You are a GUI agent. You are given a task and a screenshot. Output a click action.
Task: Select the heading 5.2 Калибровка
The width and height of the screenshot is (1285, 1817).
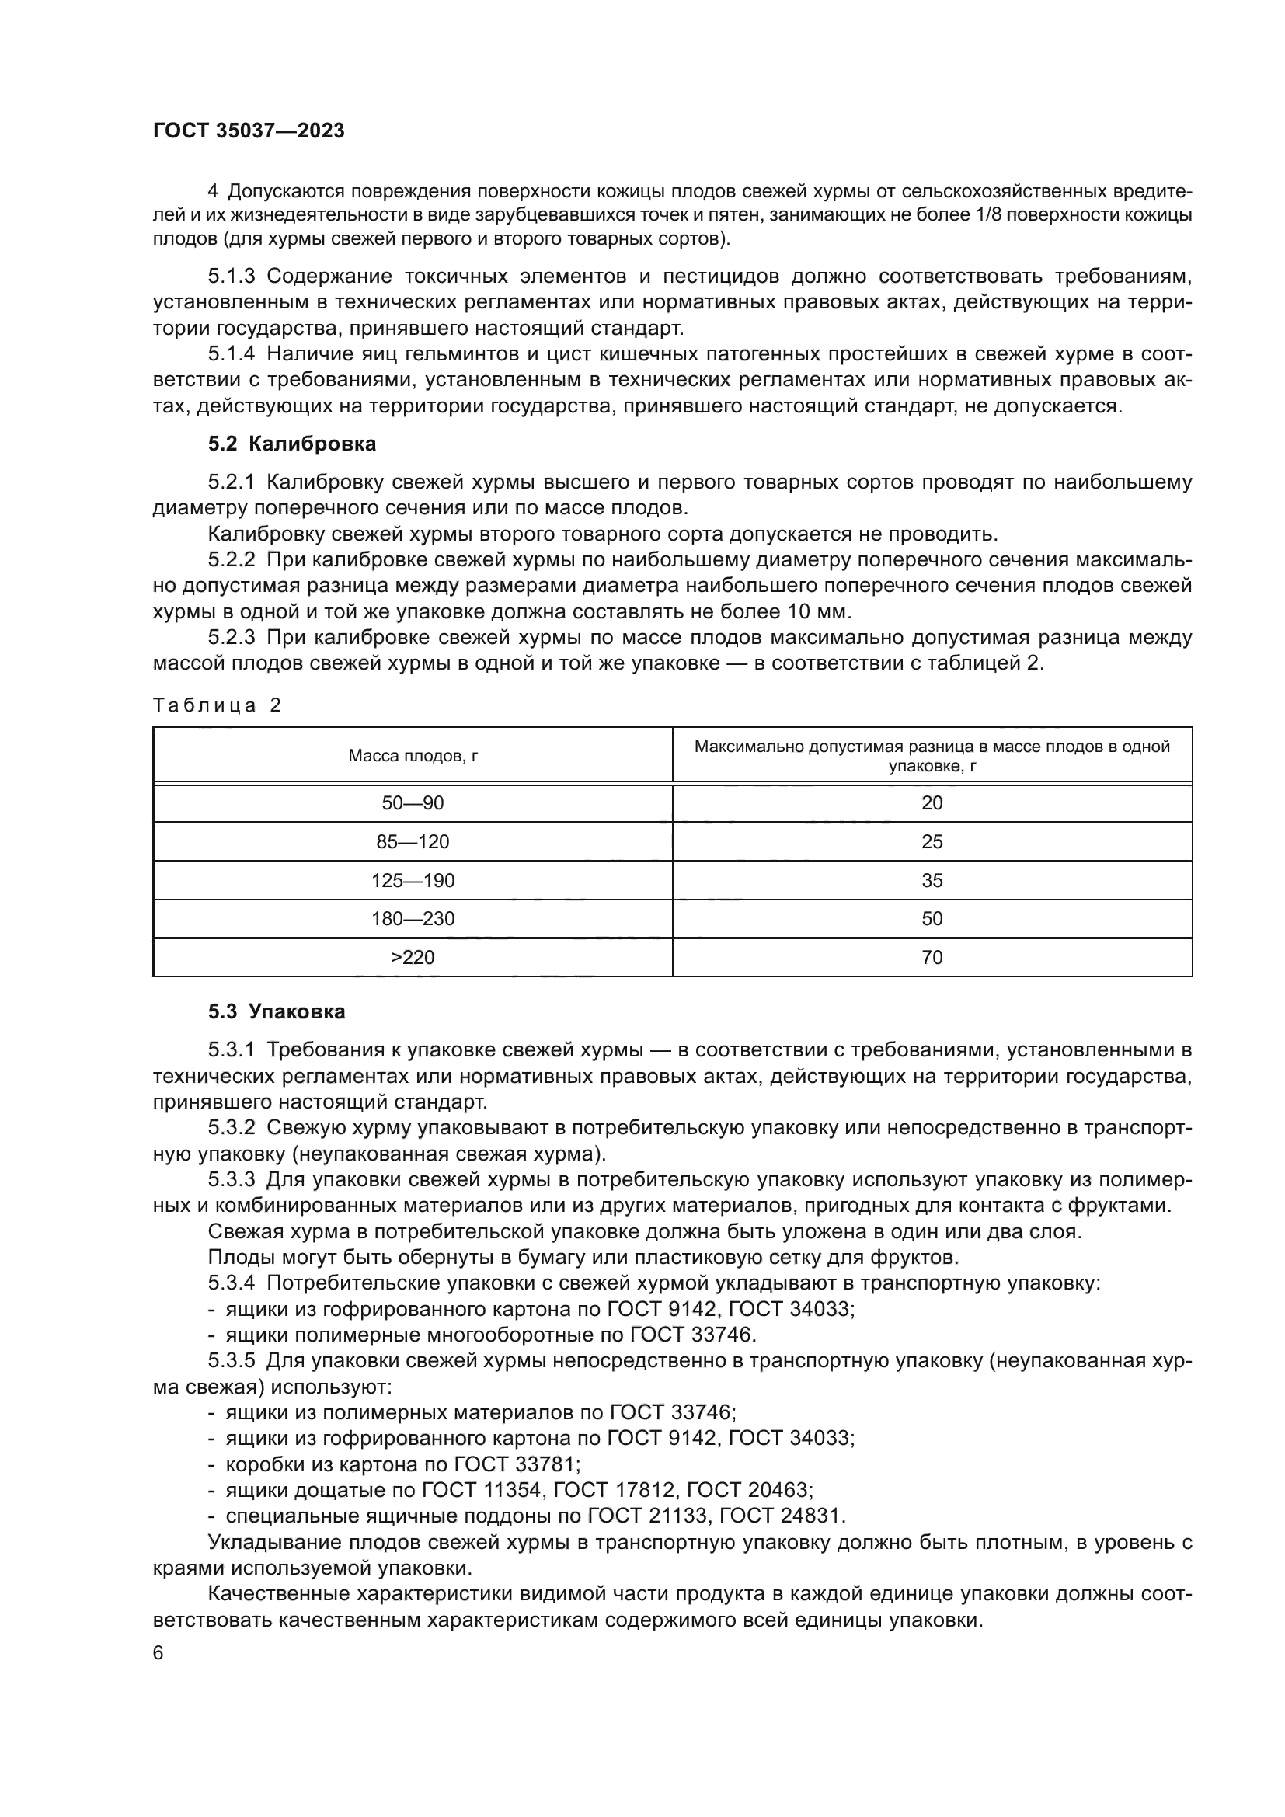pos(292,444)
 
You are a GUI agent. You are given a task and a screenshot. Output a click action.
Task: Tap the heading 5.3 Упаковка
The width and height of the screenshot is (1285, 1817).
pos(276,1011)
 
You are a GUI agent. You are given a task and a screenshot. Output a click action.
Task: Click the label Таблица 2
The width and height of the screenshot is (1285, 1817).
pos(217,705)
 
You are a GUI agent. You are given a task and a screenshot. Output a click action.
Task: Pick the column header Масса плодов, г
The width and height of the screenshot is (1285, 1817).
pos(413,756)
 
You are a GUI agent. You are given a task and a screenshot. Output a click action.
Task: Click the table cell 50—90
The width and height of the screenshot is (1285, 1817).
pos(413,803)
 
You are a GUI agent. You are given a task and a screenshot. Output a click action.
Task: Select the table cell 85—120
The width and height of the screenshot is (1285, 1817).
pos(413,842)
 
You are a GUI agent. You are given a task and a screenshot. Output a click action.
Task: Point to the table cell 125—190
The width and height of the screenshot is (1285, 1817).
pos(413,881)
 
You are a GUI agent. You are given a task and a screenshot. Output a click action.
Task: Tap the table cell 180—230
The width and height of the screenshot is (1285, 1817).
pos(413,919)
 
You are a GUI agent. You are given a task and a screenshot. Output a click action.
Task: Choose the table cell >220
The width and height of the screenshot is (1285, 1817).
pos(413,958)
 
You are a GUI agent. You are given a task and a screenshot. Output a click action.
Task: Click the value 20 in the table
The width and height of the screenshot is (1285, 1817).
pos(932,803)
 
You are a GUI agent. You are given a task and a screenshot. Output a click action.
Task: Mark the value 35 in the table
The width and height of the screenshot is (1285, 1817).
pos(932,881)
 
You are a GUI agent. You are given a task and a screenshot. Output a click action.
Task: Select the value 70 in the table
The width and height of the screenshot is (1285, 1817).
pos(932,958)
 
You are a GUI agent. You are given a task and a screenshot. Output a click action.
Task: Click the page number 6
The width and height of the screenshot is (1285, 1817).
pos(158,1653)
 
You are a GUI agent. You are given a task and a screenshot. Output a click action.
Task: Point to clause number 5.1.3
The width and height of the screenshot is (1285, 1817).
pos(231,277)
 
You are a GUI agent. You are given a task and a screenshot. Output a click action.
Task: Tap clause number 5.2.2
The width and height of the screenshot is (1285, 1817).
pos(231,560)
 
